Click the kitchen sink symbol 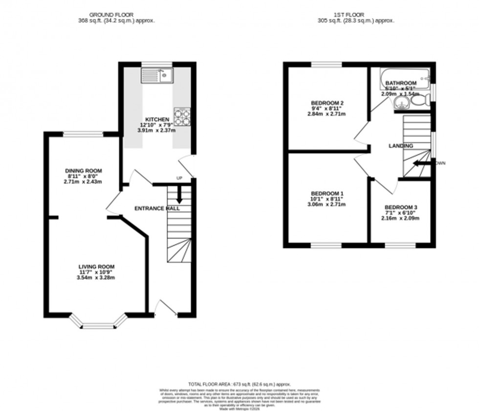coord(156,75)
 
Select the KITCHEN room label coord(157,119)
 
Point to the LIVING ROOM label coord(97,267)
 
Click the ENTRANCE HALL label coord(157,208)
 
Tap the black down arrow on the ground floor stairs coord(179,196)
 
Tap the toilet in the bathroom coord(419,100)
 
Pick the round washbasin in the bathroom coord(402,102)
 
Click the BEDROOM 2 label coord(327,103)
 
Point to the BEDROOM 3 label coord(401,207)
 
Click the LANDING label coord(401,146)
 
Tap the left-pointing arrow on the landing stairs coord(419,164)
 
